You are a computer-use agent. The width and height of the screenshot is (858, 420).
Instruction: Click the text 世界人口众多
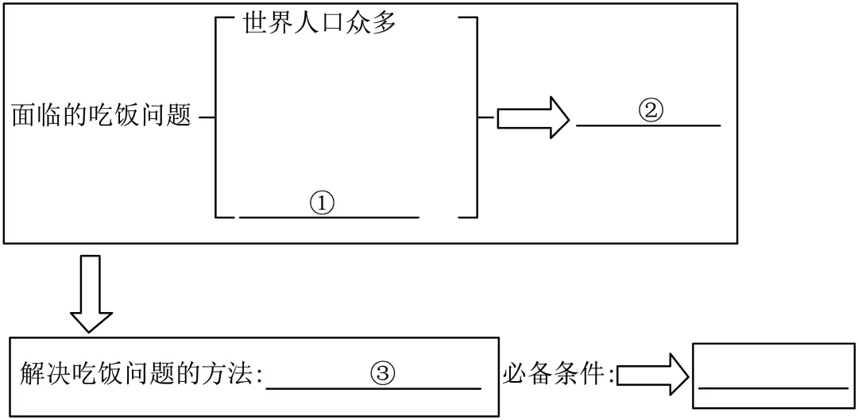(x=319, y=22)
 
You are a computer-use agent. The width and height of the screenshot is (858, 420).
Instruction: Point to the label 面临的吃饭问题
(x=102, y=117)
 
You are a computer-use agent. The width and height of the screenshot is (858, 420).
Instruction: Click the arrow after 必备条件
(x=651, y=374)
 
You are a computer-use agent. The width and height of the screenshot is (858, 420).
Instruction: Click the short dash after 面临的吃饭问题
(x=207, y=118)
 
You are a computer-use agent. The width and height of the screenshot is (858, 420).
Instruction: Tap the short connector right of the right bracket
(x=485, y=118)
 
